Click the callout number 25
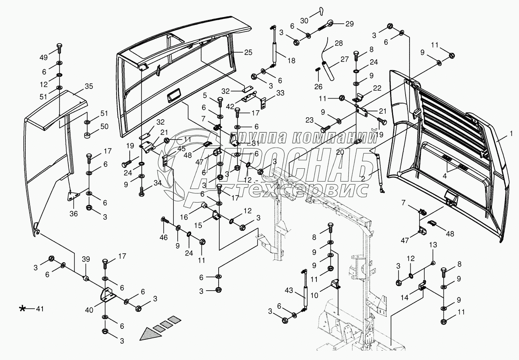click(248, 52)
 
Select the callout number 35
click(89, 86)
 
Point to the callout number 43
click(289, 290)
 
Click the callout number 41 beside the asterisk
click(39, 309)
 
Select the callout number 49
click(43, 58)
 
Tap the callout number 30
click(304, 20)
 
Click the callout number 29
click(349, 24)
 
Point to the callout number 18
click(291, 60)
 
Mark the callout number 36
click(73, 214)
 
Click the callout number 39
click(85, 259)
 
